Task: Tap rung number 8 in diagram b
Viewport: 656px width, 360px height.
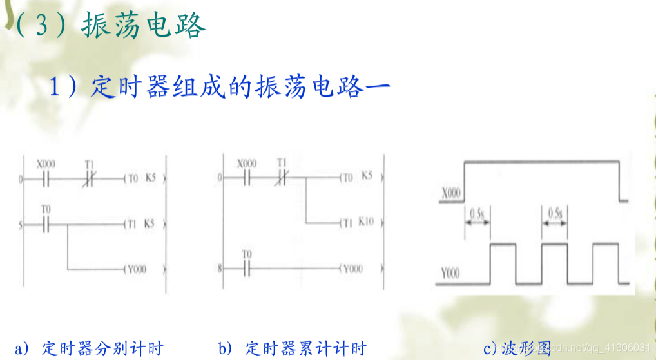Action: coord(220,267)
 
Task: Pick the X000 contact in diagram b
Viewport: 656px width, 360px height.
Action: coord(247,177)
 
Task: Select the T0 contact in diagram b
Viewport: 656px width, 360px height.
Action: coord(247,267)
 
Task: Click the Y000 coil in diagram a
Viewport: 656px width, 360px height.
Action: coord(135,269)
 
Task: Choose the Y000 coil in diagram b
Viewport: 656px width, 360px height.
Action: coord(352,268)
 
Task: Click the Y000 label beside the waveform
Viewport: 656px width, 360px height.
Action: coord(451,273)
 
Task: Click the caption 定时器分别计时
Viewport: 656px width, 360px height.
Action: coord(102,349)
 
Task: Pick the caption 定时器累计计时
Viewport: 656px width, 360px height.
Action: coord(305,349)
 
